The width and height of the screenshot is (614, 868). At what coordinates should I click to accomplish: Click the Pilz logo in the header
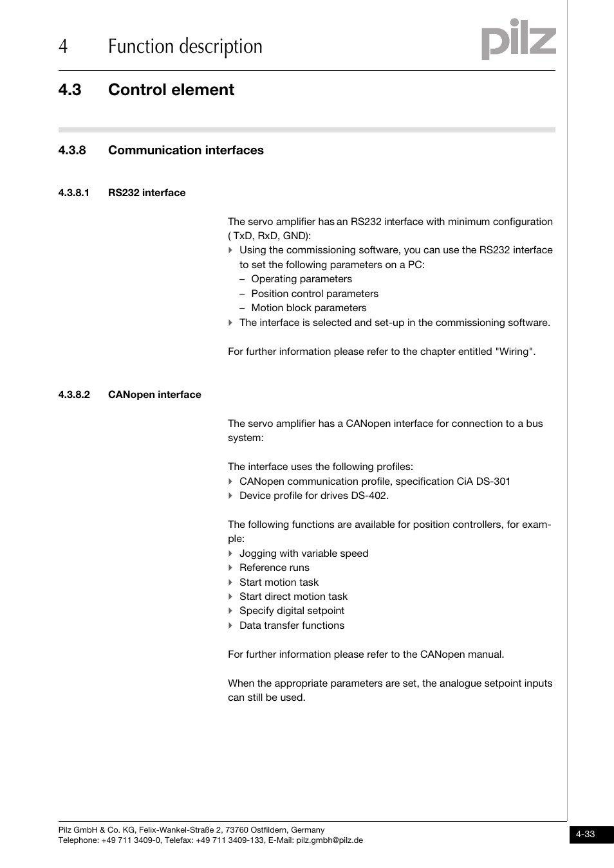[x=518, y=39]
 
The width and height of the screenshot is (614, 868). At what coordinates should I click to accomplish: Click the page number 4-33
[x=585, y=834]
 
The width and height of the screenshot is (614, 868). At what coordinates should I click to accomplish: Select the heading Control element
[x=171, y=90]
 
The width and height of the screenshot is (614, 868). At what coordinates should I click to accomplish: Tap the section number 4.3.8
[x=71, y=150]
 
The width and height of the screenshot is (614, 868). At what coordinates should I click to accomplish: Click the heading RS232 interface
[x=147, y=193]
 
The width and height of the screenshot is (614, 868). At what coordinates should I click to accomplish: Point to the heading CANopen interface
[x=154, y=395]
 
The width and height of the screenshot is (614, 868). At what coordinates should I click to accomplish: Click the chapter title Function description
[x=185, y=47]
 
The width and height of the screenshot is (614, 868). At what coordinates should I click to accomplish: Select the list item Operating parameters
[x=301, y=279]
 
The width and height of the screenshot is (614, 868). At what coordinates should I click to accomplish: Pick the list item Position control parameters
[x=314, y=294]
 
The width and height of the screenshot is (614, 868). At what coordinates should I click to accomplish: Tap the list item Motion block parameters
[x=308, y=308]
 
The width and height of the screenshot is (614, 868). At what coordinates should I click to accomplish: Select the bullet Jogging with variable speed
[x=303, y=554]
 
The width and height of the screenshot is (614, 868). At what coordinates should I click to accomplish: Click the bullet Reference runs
[x=274, y=568]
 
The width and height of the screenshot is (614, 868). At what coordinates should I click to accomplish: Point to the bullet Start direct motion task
[x=293, y=597]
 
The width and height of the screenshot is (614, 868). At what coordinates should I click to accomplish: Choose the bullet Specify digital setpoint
[x=292, y=611]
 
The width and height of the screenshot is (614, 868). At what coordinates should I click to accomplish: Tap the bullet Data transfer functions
[x=292, y=626]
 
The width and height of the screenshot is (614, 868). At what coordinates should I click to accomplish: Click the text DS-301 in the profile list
[x=493, y=482]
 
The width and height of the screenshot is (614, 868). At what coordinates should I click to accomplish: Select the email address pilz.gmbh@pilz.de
[x=330, y=840]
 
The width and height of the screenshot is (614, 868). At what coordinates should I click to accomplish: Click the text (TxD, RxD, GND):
[x=270, y=236]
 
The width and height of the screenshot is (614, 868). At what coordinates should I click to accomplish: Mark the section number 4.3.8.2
[x=74, y=395]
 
